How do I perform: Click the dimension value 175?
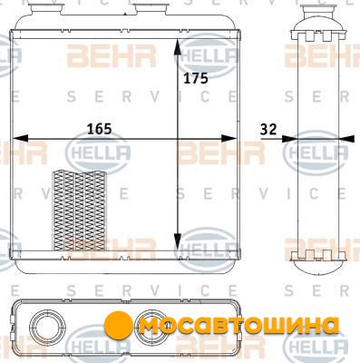click(196, 78)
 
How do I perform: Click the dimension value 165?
click(100, 129)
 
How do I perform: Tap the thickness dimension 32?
click(268, 130)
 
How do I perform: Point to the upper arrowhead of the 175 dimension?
click(178, 47)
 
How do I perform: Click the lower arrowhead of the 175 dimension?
click(178, 242)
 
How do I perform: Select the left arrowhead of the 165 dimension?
click(21, 139)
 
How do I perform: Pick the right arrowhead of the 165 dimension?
click(229, 139)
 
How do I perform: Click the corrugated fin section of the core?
click(80, 211)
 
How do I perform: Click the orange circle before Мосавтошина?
click(119, 326)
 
